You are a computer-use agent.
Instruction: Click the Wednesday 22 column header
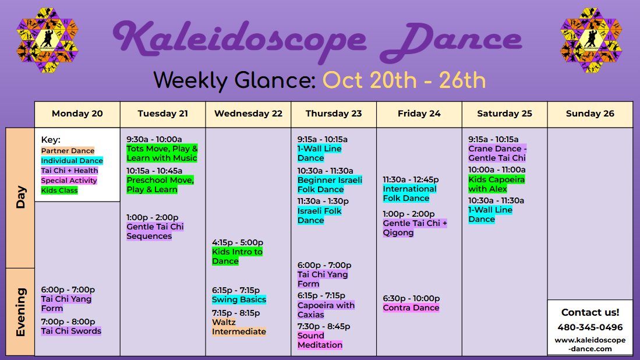(248, 114)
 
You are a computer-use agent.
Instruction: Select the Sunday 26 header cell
(590, 114)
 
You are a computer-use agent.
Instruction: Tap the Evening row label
(20, 312)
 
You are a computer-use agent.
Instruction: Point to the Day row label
(20, 198)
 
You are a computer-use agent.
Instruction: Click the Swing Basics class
(239, 299)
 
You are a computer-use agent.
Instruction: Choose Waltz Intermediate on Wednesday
(239, 327)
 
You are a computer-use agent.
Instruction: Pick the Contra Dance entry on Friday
(411, 308)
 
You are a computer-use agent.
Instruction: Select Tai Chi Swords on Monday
(71, 331)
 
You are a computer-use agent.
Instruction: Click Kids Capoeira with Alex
(496, 184)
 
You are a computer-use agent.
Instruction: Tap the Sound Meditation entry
(320, 340)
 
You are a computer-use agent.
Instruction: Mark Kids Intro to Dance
(237, 256)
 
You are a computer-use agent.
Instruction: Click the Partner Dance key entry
(68, 151)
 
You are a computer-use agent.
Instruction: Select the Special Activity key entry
(69, 181)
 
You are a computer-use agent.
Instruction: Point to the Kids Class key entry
(59, 190)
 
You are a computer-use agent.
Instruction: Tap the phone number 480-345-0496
(590, 327)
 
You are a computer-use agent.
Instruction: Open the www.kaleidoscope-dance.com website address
(590, 344)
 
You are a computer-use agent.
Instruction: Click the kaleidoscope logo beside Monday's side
(47, 40)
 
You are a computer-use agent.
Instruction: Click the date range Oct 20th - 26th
(404, 80)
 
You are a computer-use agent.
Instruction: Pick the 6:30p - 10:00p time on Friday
(411, 298)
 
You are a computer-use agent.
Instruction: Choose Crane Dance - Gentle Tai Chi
(497, 153)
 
